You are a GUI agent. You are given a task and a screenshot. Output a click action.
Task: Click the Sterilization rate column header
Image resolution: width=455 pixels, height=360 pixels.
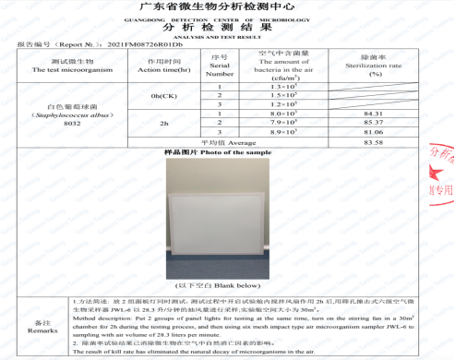pos(374,67)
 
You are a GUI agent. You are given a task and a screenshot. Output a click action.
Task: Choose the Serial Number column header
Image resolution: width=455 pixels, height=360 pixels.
pos(220,67)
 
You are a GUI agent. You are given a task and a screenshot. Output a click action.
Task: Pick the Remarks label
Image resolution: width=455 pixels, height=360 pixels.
pos(36,326)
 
